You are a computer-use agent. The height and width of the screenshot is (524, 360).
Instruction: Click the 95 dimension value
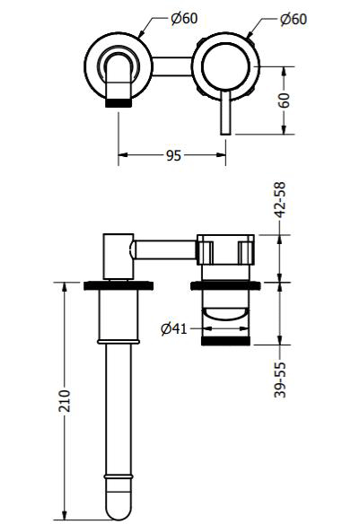click(174, 155)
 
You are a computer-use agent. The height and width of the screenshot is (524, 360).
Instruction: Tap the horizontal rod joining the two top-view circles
click(171, 65)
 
